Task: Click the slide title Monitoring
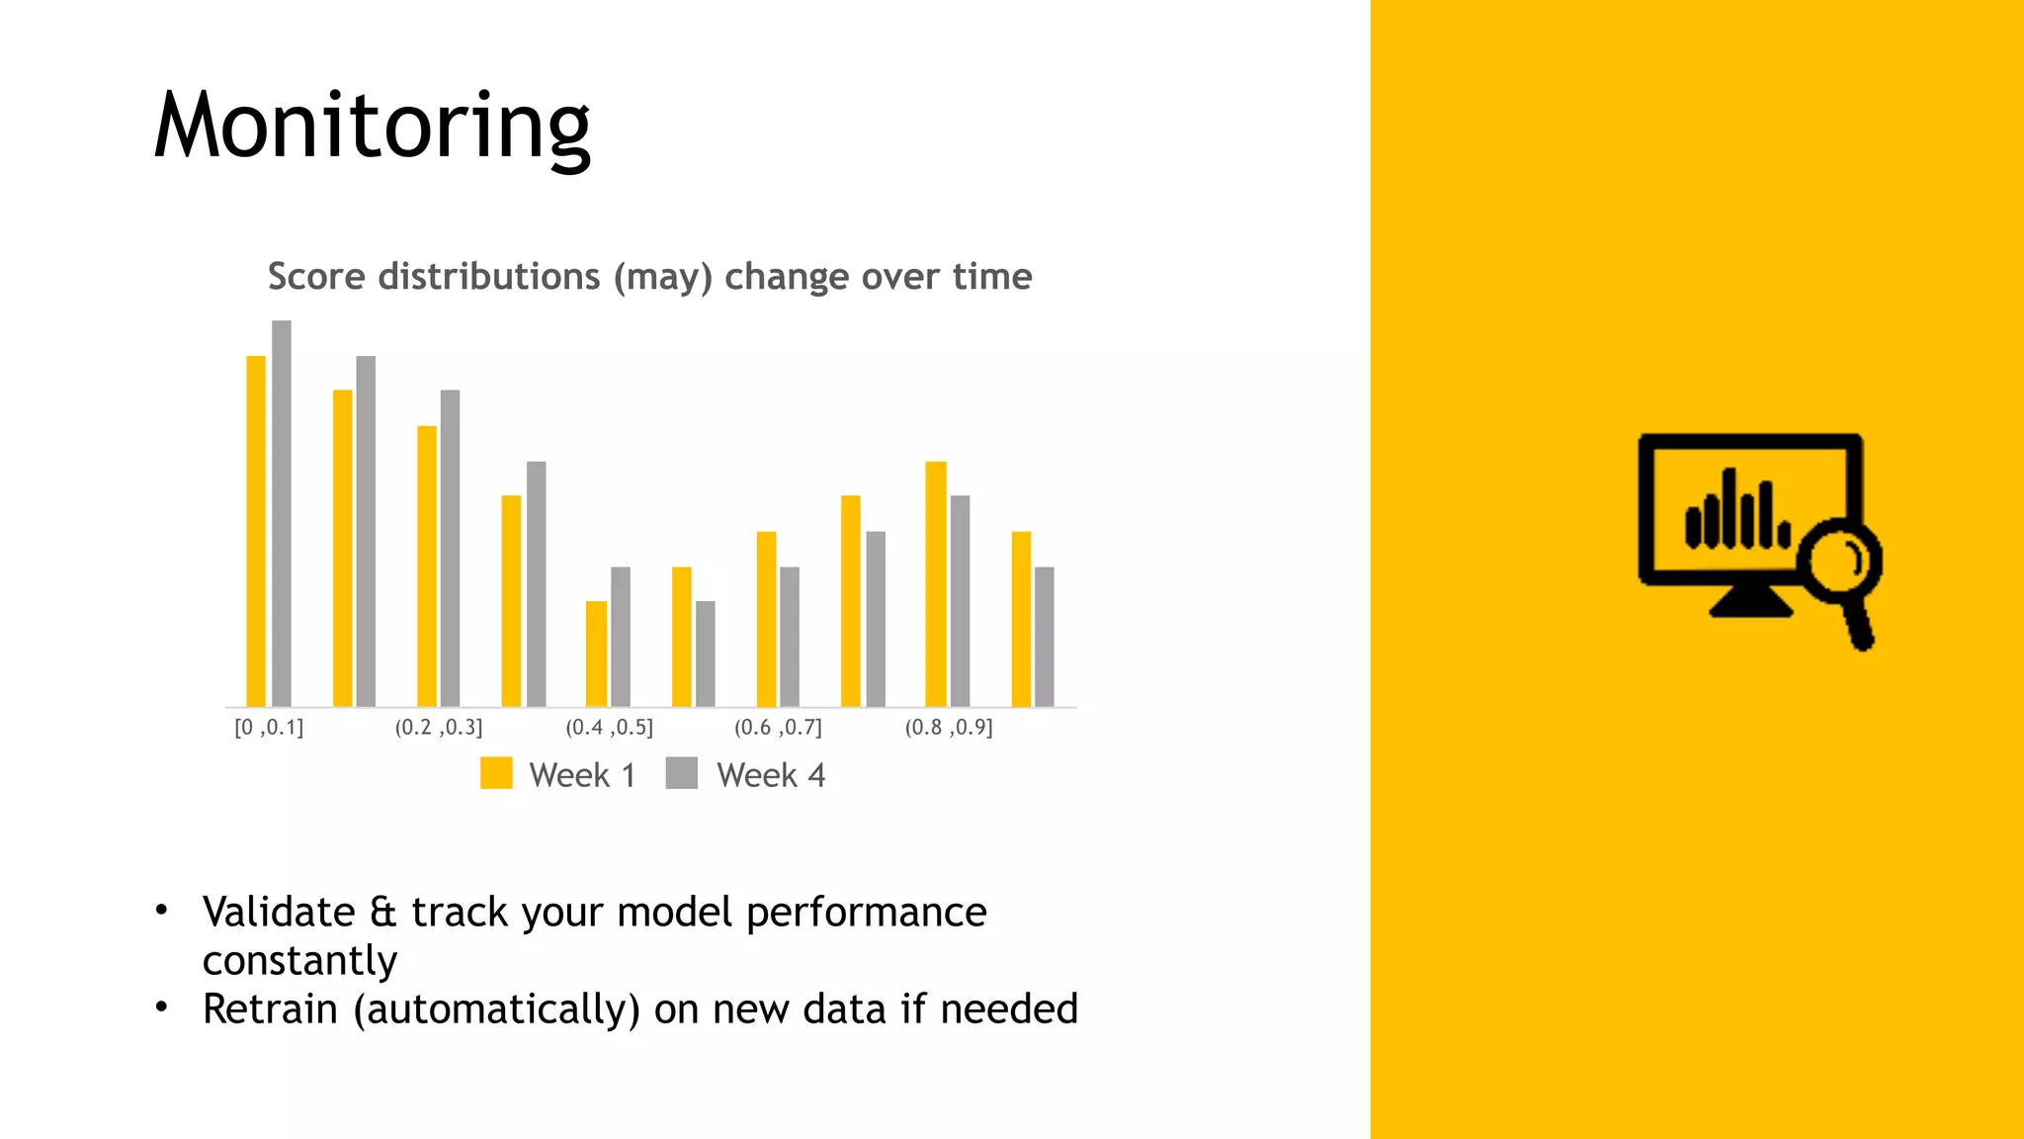click(x=372, y=126)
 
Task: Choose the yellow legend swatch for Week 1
click(x=496, y=773)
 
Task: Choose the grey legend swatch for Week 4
click(x=682, y=773)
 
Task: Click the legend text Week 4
click(x=771, y=775)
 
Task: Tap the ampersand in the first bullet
click(x=383, y=913)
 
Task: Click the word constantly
click(x=299, y=961)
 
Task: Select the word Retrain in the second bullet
click(x=270, y=1009)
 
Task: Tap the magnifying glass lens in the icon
click(x=1839, y=562)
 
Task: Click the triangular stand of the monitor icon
click(x=1750, y=602)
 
